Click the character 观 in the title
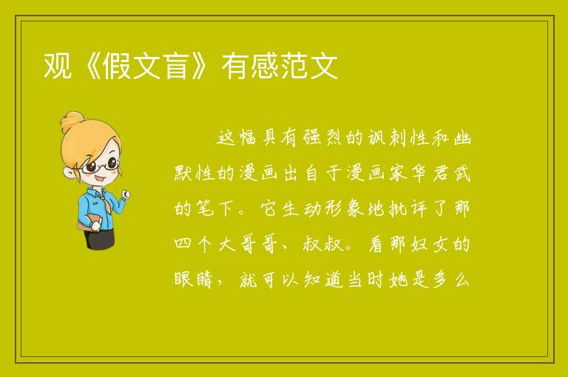(x=57, y=66)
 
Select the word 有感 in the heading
(x=250, y=66)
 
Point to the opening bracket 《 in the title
(x=87, y=66)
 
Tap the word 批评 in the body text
(x=408, y=208)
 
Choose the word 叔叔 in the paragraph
(x=323, y=244)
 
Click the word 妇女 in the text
(x=430, y=244)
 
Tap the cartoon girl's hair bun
(x=72, y=121)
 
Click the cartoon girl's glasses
(x=100, y=165)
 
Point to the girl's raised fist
(x=126, y=194)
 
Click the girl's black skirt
(x=100, y=239)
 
